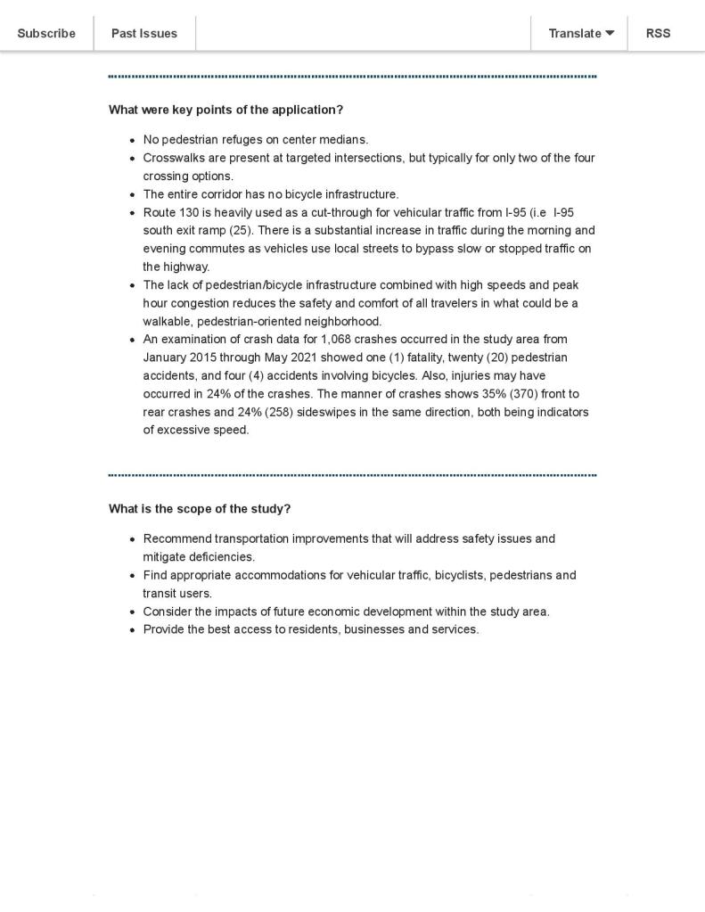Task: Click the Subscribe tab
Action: tap(46, 33)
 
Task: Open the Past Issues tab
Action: tap(143, 33)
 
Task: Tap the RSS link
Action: tap(658, 33)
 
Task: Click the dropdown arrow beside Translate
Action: tap(611, 33)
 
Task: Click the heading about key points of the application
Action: tap(225, 110)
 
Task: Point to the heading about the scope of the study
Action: tap(200, 509)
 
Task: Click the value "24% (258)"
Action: tap(266, 413)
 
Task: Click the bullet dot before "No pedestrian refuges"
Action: tap(133, 141)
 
